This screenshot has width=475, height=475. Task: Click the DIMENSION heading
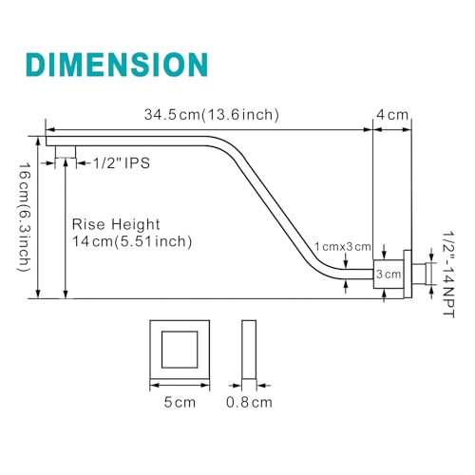117,65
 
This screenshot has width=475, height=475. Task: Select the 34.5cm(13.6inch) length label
212,115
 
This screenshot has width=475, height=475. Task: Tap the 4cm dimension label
392,115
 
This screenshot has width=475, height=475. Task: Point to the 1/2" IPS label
122,163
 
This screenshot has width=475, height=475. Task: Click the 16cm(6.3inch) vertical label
24,218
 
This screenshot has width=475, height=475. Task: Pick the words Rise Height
116,224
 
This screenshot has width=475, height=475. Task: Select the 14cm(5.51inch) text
132,241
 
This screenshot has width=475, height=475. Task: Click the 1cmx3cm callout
343,247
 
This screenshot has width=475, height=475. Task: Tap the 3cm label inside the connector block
389,275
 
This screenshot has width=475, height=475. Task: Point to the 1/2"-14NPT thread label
448,275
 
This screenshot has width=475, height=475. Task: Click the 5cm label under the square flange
180,403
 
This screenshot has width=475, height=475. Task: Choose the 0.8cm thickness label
249,403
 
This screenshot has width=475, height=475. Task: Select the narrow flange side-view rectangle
249,350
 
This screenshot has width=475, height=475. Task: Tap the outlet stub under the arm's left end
66,152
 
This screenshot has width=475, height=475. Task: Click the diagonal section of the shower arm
273,207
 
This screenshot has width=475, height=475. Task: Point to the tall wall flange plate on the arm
408,275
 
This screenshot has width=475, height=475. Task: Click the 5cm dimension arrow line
180,386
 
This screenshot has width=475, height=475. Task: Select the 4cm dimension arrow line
392,129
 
